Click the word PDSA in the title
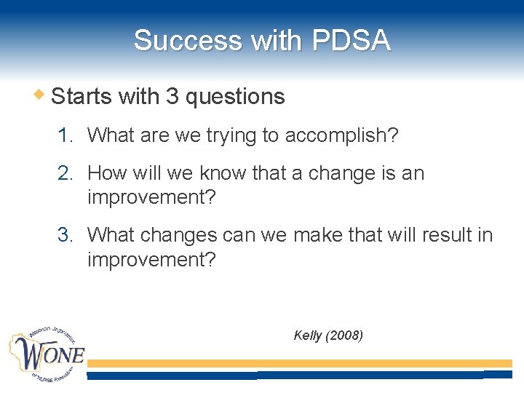351,41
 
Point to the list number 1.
66,135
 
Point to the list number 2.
66,173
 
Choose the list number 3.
66,235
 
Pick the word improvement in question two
151,197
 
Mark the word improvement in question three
151,259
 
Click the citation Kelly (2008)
327,335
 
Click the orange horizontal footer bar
298,363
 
